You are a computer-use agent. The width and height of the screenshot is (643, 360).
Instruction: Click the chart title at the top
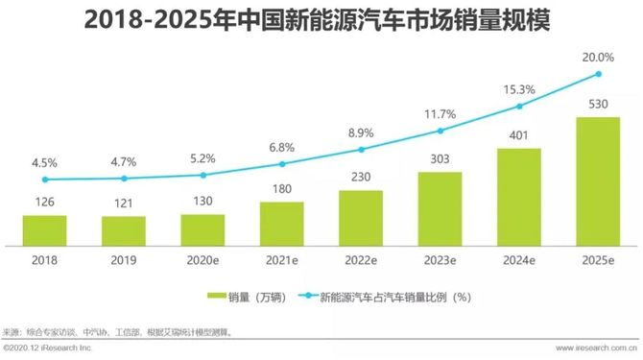[x=321, y=20]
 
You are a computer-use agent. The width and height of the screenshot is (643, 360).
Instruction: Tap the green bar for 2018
[x=44, y=229]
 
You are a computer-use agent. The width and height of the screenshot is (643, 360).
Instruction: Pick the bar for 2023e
[x=440, y=208]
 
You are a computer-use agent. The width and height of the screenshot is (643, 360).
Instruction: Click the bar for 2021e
[x=281, y=223]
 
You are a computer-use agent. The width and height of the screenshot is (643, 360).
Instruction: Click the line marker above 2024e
[x=519, y=106]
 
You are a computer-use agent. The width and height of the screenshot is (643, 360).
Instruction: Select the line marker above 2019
[x=123, y=179]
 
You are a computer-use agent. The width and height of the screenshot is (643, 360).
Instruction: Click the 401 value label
[x=519, y=136]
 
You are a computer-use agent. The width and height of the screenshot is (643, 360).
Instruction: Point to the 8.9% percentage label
[x=361, y=132]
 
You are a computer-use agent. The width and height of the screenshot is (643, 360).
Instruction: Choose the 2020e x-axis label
[x=202, y=259]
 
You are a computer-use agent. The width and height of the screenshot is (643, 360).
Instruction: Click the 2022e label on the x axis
[x=361, y=259]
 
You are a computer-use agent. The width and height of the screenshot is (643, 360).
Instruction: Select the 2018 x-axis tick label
[x=44, y=259]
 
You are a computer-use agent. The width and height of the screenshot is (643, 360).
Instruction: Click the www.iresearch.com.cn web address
[x=585, y=349]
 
